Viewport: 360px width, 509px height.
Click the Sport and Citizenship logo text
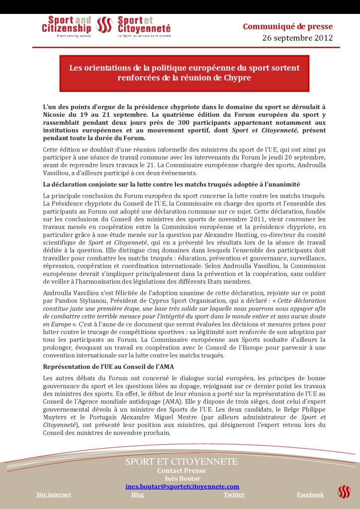(67, 25)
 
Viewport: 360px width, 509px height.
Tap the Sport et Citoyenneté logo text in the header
(144, 25)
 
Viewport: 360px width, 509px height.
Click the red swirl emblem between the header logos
(104, 25)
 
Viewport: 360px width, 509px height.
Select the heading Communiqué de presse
(287, 27)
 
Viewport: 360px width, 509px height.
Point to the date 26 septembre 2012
(297, 38)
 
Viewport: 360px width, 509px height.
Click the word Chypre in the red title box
(238, 78)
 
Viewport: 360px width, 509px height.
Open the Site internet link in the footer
(54, 495)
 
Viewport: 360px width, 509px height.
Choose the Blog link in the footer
(138, 495)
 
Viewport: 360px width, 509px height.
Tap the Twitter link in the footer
(234, 495)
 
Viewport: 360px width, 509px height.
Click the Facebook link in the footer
(310, 495)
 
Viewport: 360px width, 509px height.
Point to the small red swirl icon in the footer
(344, 492)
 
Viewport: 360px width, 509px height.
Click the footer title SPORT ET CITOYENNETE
(181, 462)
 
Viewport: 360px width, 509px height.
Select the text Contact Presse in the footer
(181, 471)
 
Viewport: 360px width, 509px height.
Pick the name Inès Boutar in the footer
(182, 478)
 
